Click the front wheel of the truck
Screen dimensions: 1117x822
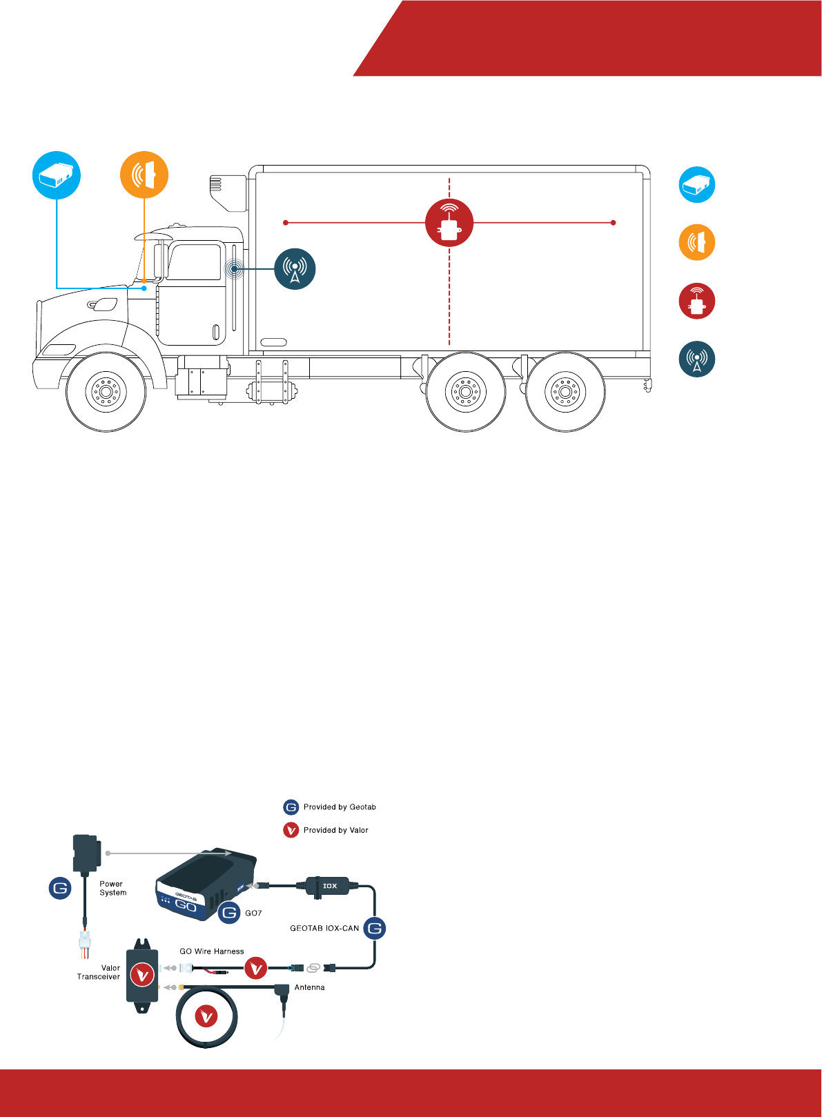106,392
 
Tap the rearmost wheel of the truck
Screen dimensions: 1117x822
565,392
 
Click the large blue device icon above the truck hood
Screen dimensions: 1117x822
57,175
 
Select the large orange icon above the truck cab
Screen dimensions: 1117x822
144,175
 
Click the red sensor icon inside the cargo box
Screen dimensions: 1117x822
449,223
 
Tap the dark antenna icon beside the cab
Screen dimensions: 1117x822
295,269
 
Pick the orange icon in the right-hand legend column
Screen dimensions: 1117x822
697,243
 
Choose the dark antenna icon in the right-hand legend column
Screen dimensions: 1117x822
697,359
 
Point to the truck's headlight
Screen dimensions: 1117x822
59,350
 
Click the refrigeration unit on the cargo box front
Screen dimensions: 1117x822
228,192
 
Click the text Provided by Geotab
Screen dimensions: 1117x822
340,807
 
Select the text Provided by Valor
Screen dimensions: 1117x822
335,830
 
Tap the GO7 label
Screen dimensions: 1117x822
253,913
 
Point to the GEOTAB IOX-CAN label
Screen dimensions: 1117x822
324,929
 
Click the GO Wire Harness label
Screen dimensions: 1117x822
212,951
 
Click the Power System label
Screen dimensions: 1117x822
112,888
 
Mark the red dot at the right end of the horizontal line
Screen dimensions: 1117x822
614,223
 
